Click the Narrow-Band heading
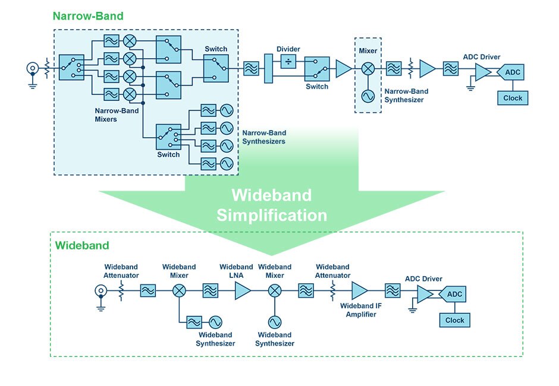click(x=88, y=16)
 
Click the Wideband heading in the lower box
click(x=82, y=245)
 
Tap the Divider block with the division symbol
click(x=288, y=61)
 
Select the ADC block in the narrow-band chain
click(x=513, y=73)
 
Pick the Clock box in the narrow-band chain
click(x=513, y=98)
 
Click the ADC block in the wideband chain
click(x=454, y=295)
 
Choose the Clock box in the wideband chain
click(x=454, y=320)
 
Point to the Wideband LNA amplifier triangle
click(x=241, y=290)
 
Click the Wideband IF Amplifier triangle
click(x=359, y=290)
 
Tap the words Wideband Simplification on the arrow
click(x=271, y=205)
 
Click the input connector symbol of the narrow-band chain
click(x=33, y=68)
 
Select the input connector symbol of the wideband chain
click(x=101, y=290)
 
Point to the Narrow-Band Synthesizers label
click(x=263, y=137)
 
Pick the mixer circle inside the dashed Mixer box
click(x=368, y=69)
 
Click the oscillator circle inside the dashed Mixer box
click(x=368, y=95)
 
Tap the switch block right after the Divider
click(x=317, y=69)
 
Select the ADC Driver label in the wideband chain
click(x=423, y=279)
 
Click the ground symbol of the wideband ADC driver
click(x=412, y=308)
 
